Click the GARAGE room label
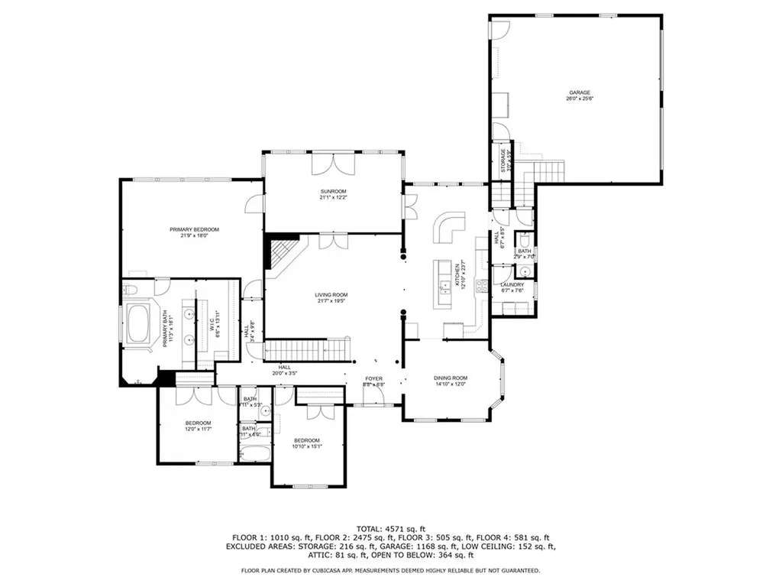click(579, 92)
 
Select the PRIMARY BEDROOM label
click(194, 230)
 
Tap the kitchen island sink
click(444, 286)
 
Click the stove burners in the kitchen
click(481, 287)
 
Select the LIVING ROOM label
click(331, 295)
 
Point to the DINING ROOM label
click(451, 378)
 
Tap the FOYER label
click(373, 378)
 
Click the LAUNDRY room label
click(512, 285)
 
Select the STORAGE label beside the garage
click(503, 163)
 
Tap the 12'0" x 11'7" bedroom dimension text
click(198, 430)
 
